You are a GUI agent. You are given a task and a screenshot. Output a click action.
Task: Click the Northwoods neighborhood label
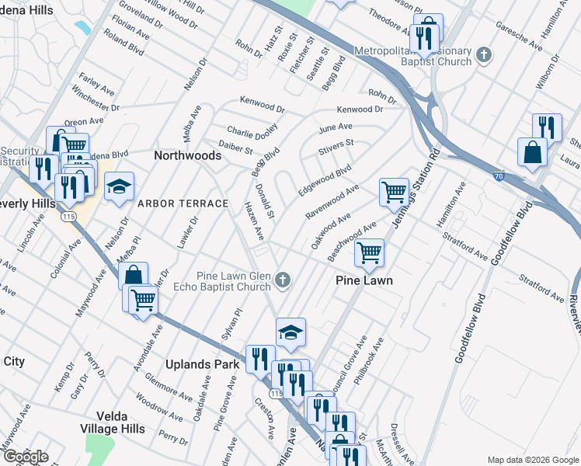click(187, 155)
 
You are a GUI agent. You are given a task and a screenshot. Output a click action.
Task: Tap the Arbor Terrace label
click(183, 203)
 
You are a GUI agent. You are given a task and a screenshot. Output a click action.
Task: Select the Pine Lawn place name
click(364, 280)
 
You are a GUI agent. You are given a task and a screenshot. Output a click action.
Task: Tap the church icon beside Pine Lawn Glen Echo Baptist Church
click(284, 280)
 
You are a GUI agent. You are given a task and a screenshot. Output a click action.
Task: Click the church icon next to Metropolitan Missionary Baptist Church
click(485, 54)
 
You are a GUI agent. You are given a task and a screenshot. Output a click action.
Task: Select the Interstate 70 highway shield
click(498, 177)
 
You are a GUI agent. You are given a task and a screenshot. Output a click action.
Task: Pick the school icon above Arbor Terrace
click(118, 186)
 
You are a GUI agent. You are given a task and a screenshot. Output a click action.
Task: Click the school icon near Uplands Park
click(290, 332)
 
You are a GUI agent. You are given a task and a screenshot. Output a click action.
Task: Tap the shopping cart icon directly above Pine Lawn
click(369, 252)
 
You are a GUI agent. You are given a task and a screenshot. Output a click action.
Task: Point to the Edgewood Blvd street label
click(325, 179)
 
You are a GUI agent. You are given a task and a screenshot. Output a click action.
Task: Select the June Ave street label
click(336, 127)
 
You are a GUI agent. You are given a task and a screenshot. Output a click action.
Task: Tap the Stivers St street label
click(336, 144)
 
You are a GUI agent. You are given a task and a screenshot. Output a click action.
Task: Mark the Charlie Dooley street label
click(252, 133)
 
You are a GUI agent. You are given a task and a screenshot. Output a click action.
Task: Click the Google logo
click(26, 457)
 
